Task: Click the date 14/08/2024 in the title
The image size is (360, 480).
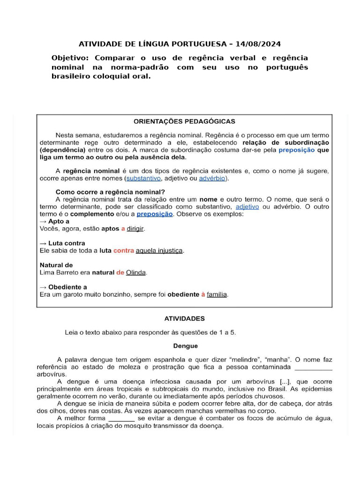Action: click(x=259, y=44)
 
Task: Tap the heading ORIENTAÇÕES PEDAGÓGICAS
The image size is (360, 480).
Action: click(x=184, y=121)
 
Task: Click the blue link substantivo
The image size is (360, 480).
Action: click(x=144, y=179)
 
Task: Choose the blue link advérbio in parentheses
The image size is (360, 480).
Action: click(x=212, y=179)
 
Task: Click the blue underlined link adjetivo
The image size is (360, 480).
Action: click(x=247, y=206)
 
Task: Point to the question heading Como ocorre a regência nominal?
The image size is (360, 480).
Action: click(x=110, y=192)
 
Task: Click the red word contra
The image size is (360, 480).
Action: click(x=123, y=251)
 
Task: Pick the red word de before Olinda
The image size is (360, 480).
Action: click(x=120, y=272)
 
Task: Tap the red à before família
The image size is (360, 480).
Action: click(x=203, y=294)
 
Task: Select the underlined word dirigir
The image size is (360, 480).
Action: click(x=135, y=229)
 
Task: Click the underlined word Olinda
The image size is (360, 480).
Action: click(x=136, y=272)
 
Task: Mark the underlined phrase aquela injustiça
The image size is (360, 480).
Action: click(x=159, y=251)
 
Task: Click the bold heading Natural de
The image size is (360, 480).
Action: click(x=56, y=265)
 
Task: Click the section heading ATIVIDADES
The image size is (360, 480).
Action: click(x=184, y=318)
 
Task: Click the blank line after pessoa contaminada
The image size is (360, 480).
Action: click(x=313, y=368)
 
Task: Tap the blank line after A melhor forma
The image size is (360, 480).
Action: click(x=122, y=418)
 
